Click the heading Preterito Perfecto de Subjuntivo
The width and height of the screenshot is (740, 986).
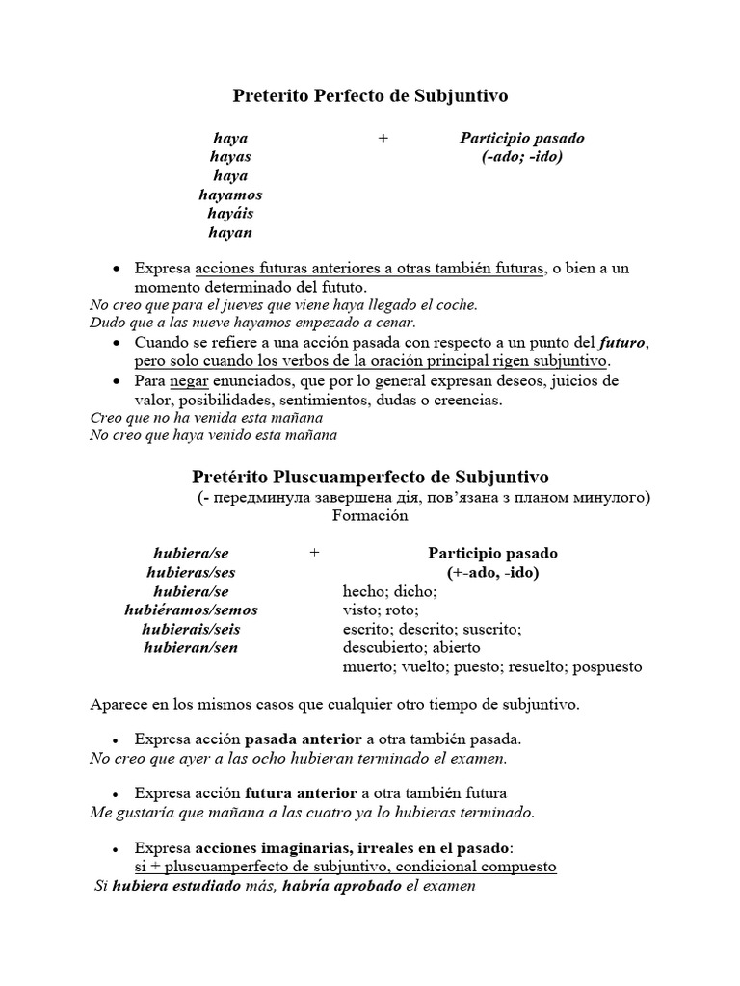click(370, 96)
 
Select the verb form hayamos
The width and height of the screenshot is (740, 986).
click(229, 195)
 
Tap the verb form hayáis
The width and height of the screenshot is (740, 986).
click(229, 214)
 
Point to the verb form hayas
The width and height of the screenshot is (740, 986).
click(229, 157)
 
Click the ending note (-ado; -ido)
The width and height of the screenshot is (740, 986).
click(521, 157)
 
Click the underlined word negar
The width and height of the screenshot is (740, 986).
click(189, 381)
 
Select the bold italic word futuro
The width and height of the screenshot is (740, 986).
click(623, 343)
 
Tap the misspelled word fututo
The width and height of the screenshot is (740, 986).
click(341, 287)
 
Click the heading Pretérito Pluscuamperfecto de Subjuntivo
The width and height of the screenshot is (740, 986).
click(370, 477)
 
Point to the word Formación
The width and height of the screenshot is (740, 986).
click(370, 515)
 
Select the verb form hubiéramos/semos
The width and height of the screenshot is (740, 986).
click(191, 610)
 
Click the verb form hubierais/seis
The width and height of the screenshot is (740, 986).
click(191, 629)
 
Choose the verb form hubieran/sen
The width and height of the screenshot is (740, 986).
click(191, 647)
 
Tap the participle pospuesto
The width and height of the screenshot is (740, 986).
click(608, 666)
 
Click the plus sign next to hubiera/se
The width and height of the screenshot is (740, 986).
click(314, 553)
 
